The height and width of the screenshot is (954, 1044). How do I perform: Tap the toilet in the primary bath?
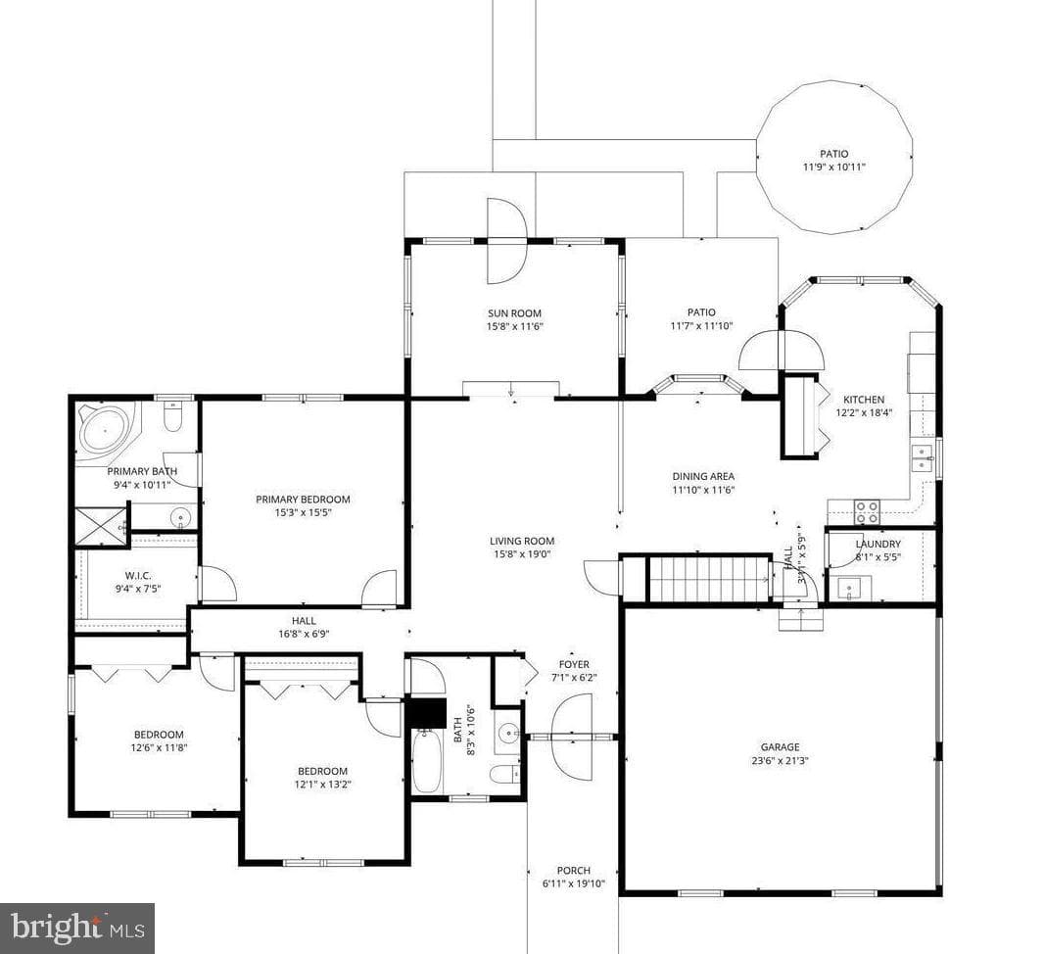pyautogui.click(x=173, y=416)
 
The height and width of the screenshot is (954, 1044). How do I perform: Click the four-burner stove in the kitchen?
pyautogui.click(x=867, y=511)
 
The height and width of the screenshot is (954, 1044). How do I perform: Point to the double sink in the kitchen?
pyautogui.click(x=923, y=458)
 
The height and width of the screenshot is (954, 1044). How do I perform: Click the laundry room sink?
pyautogui.click(x=850, y=589)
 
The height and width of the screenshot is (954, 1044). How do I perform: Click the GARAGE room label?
pyautogui.click(x=781, y=747)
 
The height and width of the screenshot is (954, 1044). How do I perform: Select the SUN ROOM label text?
pyautogui.click(x=515, y=312)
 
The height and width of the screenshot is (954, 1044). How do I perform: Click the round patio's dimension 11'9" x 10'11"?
pyautogui.click(x=833, y=167)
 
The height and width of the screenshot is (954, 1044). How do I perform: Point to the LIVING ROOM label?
pyautogui.click(x=522, y=542)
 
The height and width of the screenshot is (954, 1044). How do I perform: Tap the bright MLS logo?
pyautogui.click(x=77, y=928)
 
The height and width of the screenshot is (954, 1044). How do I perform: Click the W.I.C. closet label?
pyautogui.click(x=138, y=575)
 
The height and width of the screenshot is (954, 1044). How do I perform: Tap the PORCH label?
pyautogui.click(x=574, y=870)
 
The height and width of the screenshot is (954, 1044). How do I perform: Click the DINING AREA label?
pyautogui.click(x=703, y=476)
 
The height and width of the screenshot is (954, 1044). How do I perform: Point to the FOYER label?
pyautogui.click(x=574, y=664)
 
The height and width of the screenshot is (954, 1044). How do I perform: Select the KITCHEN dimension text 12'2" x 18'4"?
pyautogui.click(x=864, y=412)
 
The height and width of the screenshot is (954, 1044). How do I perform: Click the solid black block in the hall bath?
pyautogui.click(x=426, y=712)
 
